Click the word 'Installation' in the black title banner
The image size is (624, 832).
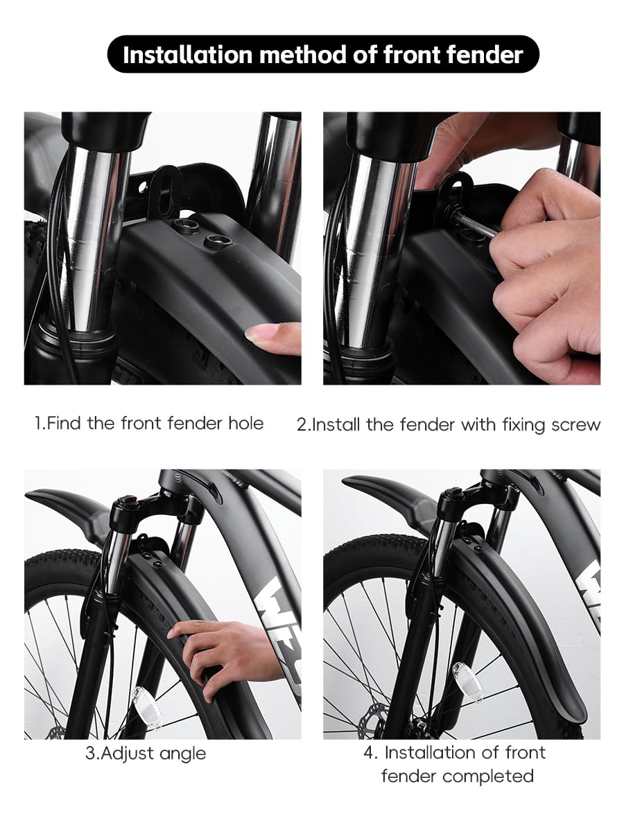click(x=187, y=55)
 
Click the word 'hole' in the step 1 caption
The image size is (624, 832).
click(x=246, y=423)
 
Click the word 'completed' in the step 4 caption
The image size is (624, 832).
click(x=488, y=776)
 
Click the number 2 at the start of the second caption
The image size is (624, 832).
click(x=302, y=425)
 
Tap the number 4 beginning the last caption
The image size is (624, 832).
click(x=369, y=752)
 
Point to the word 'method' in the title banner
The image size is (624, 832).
click(x=302, y=55)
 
